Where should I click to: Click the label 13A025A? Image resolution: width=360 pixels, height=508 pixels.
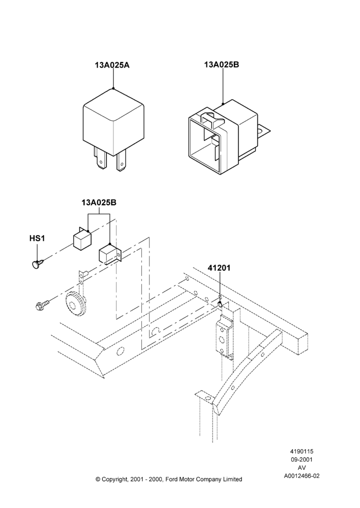[x=112, y=65]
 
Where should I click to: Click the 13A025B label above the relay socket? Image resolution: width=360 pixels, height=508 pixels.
[x=222, y=65]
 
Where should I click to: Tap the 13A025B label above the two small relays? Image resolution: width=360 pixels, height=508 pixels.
[x=99, y=203]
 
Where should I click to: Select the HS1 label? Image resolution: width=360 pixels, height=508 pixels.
[x=37, y=238]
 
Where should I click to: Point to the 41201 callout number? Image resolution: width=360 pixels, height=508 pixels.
[x=219, y=268]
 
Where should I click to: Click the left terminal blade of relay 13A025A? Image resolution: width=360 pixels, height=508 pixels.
[x=100, y=158]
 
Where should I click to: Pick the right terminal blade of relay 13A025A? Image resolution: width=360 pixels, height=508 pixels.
[x=122, y=162]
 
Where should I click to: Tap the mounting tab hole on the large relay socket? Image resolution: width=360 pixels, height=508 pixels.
[x=260, y=132]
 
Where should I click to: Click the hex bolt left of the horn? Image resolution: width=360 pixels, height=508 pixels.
[x=43, y=304]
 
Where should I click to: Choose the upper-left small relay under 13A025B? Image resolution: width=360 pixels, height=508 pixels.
[x=82, y=239]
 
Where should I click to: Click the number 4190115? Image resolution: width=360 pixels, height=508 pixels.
[x=302, y=451]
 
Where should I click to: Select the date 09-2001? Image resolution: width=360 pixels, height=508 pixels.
[x=302, y=459]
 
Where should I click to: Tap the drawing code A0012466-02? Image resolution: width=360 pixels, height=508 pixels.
[x=302, y=476]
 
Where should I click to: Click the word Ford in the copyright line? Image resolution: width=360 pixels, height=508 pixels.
[x=172, y=479]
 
